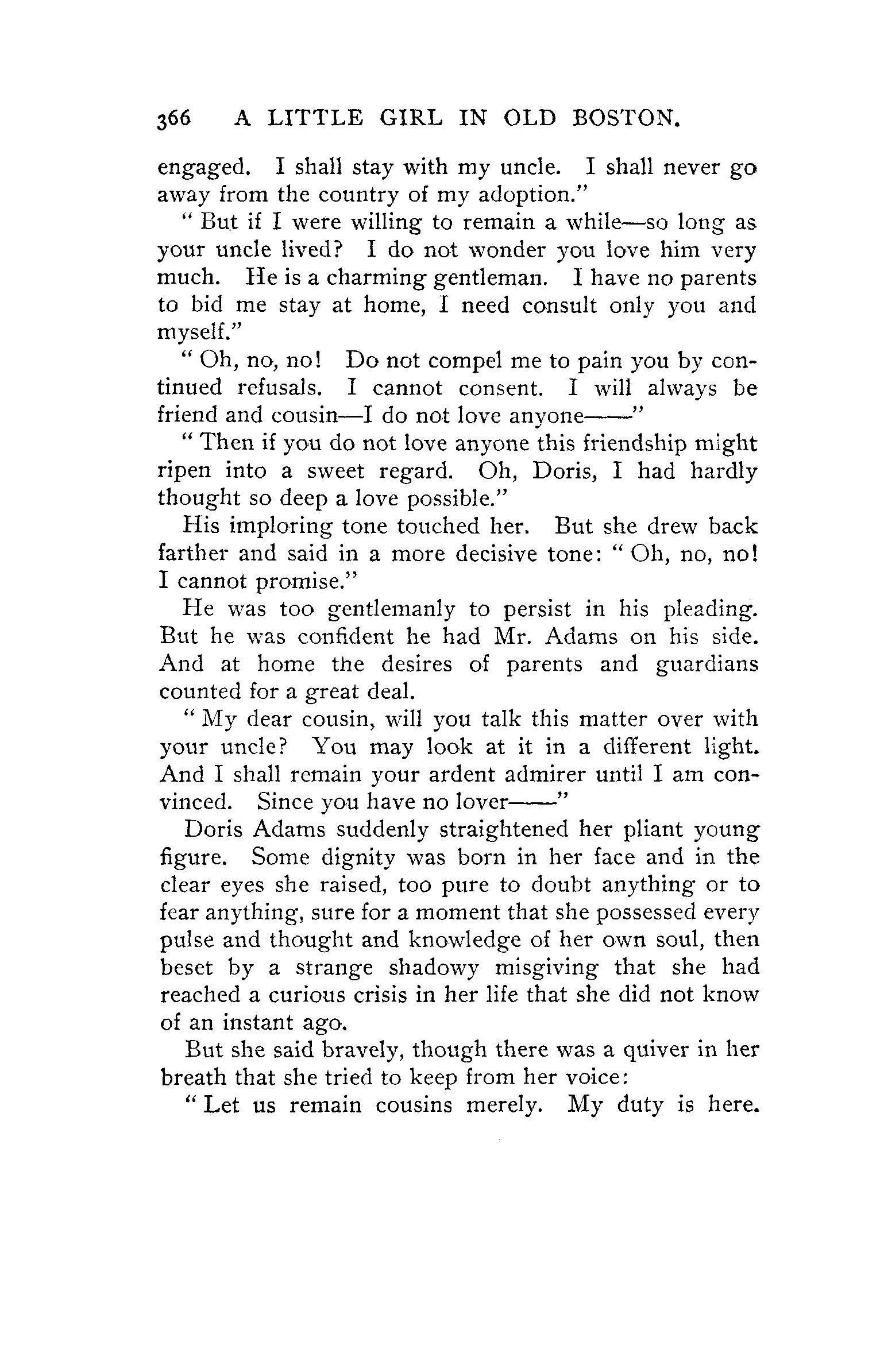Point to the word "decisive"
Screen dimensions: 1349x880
pos(500,554)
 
